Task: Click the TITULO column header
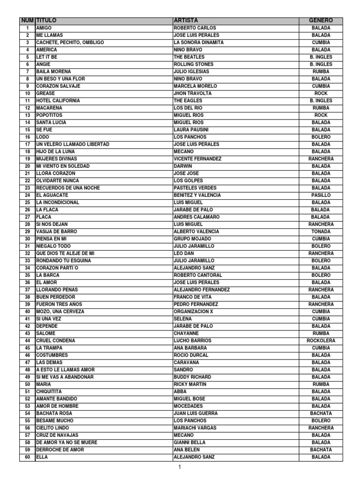point(46,21)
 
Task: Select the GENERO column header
point(321,21)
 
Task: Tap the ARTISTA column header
point(186,21)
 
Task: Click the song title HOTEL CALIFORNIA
point(58,101)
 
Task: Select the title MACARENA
point(50,108)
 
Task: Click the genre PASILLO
point(321,195)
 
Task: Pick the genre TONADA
point(321,232)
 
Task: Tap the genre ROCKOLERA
point(321,341)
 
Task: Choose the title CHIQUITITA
point(49,391)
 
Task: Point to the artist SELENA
point(183,319)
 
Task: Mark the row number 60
point(27,457)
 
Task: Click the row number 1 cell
point(27,28)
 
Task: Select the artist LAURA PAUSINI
point(190,130)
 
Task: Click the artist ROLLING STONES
point(193,64)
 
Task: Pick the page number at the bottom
point(180,467)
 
